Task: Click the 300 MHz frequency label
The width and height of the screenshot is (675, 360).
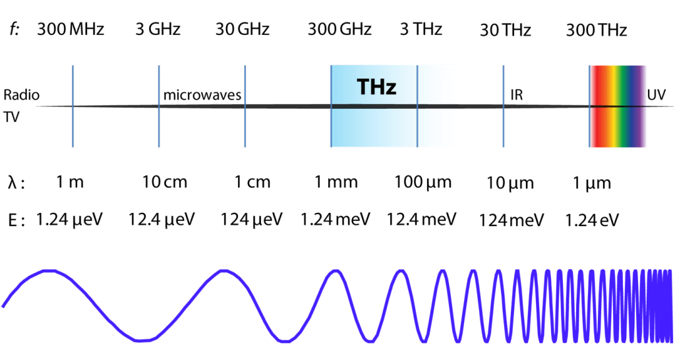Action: (x=71, y=30)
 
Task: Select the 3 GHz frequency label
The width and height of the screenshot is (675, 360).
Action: (x=158, y=30)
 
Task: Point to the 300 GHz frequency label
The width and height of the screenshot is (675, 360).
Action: (x=339, y=30)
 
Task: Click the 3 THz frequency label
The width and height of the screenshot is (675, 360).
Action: (x=421, y=30)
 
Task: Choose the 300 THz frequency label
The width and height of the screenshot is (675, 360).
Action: (x=596, y=30)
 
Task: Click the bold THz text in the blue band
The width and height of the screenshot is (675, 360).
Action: (x=376, y=86)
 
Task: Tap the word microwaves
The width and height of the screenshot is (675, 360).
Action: (x=202, y=96)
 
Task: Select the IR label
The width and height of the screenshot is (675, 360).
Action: (x=517, y=96)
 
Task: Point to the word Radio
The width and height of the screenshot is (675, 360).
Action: (x=22, y=95)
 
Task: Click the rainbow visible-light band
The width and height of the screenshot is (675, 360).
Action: (x=618, y=105)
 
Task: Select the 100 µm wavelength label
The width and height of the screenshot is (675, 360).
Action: (x=423, y=183)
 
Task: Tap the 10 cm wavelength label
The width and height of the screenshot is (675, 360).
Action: (x=165, y=183)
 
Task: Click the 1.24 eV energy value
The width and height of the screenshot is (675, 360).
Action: (x=592, y=219)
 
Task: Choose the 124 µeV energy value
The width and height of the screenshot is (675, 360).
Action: (x=251, y=219)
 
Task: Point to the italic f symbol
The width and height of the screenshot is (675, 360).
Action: (x=15, y=30)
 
